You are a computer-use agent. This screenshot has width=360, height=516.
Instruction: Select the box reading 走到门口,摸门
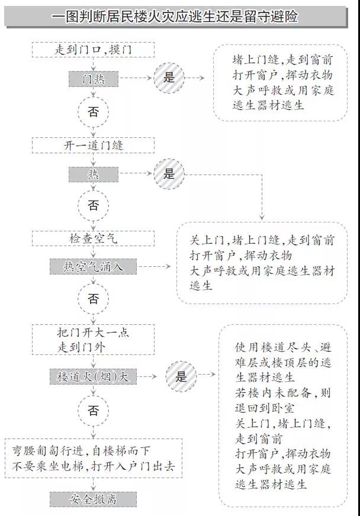(93, 50)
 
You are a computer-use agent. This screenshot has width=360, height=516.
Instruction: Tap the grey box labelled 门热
(93, 78)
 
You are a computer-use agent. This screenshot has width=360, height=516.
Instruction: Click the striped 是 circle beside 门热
(169, 78)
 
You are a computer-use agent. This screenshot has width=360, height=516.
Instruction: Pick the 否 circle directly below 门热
(93, 112)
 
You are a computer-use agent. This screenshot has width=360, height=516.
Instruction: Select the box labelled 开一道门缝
(93, 145)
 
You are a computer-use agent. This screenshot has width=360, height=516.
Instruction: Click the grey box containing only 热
(93, 174)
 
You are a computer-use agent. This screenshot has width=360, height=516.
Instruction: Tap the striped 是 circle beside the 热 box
(169, 174)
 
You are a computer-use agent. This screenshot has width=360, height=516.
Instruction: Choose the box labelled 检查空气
(93, 238)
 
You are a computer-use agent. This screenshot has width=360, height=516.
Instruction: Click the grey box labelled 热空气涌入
(93, 267)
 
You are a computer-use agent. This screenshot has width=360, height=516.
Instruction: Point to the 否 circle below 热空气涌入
(93, 299)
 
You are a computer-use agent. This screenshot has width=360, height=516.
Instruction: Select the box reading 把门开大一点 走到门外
(93, 340)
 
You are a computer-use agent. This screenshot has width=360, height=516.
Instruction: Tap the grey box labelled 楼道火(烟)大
(93, 376)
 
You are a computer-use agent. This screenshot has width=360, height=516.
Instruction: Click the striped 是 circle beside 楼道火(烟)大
(181, 376)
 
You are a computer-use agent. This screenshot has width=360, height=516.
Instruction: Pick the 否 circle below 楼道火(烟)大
(93, 410)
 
